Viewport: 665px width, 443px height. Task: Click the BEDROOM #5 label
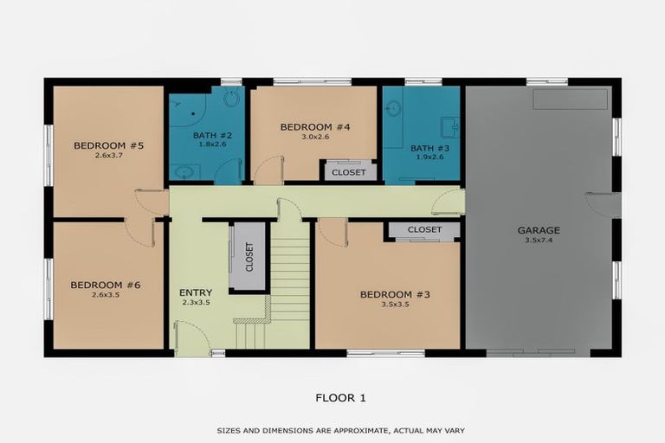coord(108,145)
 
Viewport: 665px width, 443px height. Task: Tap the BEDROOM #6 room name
coord(105,285)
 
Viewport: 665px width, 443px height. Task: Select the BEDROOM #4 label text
coord(314,127)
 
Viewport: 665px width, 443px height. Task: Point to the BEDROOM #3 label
coord(395,295)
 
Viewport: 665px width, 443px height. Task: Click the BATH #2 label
coord(207,135)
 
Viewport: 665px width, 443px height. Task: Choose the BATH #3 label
coord(425,148)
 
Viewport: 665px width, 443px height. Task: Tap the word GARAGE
coord(539,230)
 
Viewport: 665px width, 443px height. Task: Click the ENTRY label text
coord(195,292)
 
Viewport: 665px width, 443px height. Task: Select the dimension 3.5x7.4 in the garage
coord(539,241)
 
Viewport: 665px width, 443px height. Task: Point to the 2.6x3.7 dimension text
coord(108,156)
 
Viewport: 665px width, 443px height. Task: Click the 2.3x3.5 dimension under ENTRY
coord(195,303)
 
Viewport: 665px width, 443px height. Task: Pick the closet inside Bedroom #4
coord(349,172)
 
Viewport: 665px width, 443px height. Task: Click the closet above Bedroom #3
coord(424,230)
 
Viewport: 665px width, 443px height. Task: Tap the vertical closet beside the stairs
coord(248,257)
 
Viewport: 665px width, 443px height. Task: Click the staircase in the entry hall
coord(291,277)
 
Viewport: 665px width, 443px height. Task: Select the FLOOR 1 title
coord(341,398)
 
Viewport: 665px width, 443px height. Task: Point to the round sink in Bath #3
coord(394,110)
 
